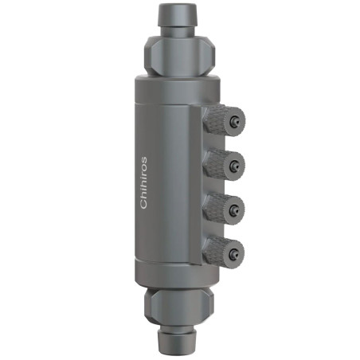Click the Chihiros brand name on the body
pos(144,182)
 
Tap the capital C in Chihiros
pos(144,205)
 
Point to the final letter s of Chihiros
pos(144,159)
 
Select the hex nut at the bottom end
pos(180,307)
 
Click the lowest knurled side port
pos(224,253)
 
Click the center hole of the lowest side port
pos(235,253)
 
